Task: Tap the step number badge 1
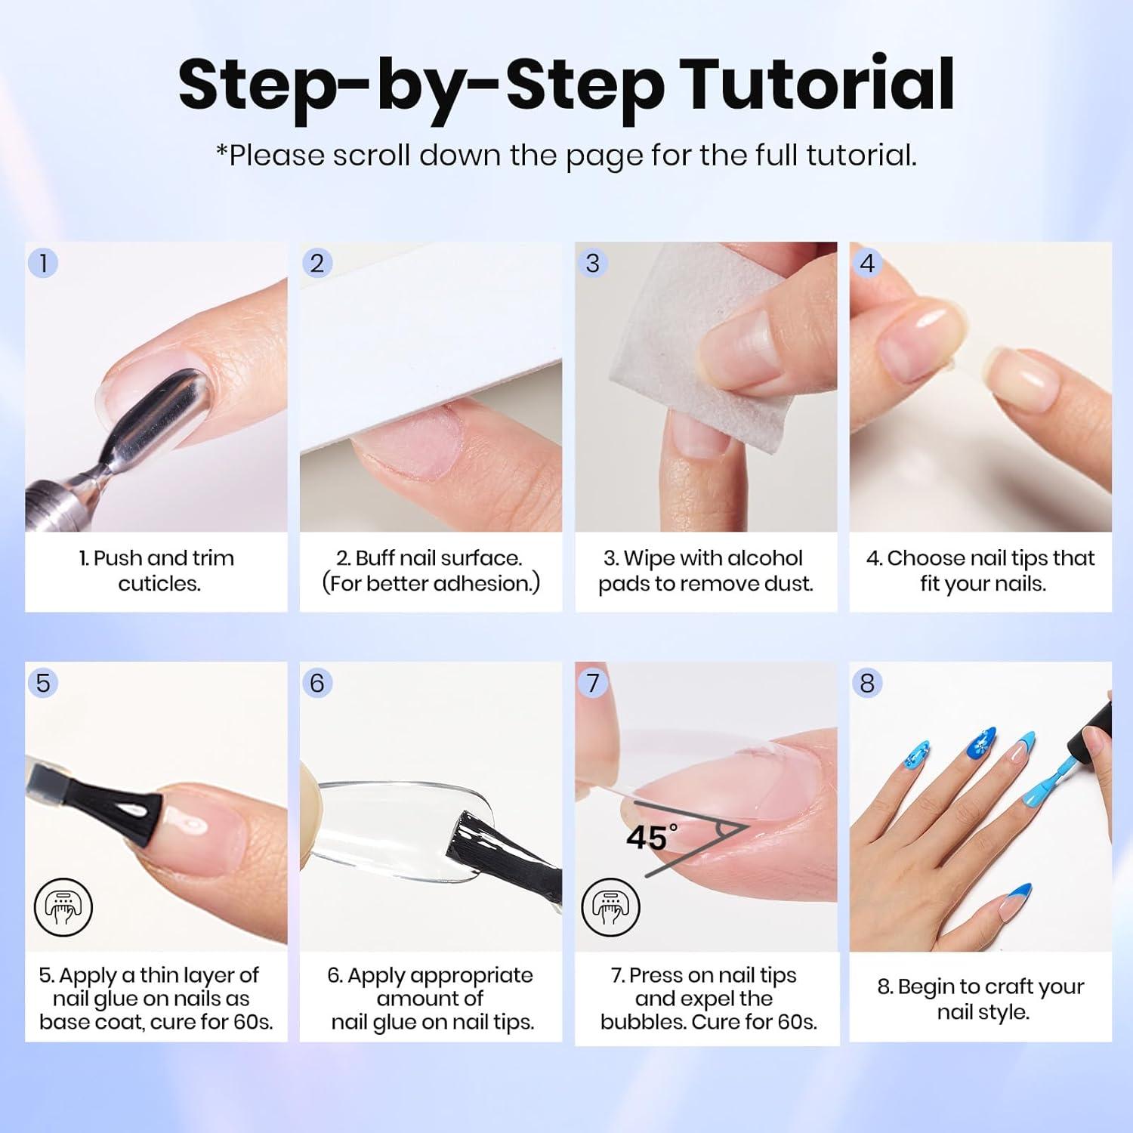[43, 263]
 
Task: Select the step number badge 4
[867, 263]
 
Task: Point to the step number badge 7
[592, 683]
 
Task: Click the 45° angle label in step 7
[652, 838]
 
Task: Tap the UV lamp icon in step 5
[63, 907]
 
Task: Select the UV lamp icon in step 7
[610, 907]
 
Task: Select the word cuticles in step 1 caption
[159, 584]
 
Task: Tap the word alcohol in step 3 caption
[759, 558]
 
